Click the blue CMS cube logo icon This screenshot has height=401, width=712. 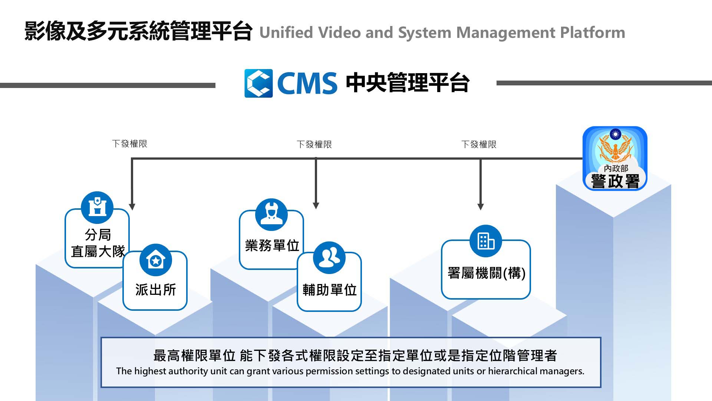pyautogui.click(x=258, y=83)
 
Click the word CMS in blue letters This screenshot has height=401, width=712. pyautogui.click(x=307, y=83)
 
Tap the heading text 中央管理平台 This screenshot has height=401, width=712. pyautogui.click(x=408, y=82)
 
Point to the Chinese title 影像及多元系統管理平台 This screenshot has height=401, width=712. pyautogui.click(x=138, y=31)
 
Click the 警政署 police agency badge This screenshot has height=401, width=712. pyautogui.click(x=615, y=159)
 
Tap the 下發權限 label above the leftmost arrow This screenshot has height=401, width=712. pyautogui.click(x=129, y=144)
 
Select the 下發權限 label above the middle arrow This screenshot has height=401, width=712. pyautogui.click(x=314, y=144)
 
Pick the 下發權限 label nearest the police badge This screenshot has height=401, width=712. pyautogui.click(x=479, y=144)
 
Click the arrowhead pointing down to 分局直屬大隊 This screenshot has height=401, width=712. pyautogui.click(x=132, y=206)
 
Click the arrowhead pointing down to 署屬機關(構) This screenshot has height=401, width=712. pyautogui.click(x=481, y=206)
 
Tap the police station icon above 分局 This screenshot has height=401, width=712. pyautogui.click(x=97, y=207)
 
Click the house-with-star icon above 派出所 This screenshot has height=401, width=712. pyautogui.click(x=156, y=260)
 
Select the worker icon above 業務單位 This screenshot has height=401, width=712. pyautogui.click(x=271, y=215)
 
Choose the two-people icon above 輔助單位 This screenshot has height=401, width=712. pyautogui.click(x=329, y=258)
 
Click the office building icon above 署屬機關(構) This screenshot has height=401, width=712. pyautogui.click(x=486, y=241)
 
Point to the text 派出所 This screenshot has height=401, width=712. pyautogui.click(x=155, y=290)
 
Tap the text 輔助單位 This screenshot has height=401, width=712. pyautogui.click(x=329, y=290)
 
